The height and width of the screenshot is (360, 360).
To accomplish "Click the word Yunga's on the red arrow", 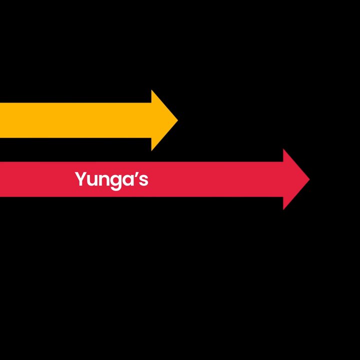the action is (x=111, y=180).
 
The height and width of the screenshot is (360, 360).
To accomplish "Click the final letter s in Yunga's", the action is (x=143, y=180).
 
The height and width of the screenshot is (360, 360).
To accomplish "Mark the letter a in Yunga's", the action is (x=127, y=180).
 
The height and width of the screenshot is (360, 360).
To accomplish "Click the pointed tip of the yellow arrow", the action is (x=178, y=120).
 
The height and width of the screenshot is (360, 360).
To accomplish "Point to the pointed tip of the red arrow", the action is (x=309, y=179).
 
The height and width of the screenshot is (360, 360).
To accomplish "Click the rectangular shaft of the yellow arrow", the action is (x=76, y=120).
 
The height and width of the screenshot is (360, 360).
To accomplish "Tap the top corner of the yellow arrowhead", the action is (x=151, y=90).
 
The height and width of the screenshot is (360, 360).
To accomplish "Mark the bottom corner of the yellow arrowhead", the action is (x=151, y=150).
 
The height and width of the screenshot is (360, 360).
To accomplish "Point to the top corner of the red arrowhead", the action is (x=283, y=149).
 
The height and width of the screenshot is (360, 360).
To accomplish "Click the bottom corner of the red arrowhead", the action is (x=283, y=209).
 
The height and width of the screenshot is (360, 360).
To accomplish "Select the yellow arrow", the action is (x=89, y=120).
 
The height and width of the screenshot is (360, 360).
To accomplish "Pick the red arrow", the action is (x=154, y=179).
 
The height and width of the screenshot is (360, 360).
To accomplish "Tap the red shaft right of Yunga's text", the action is (x=216, y=179).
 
